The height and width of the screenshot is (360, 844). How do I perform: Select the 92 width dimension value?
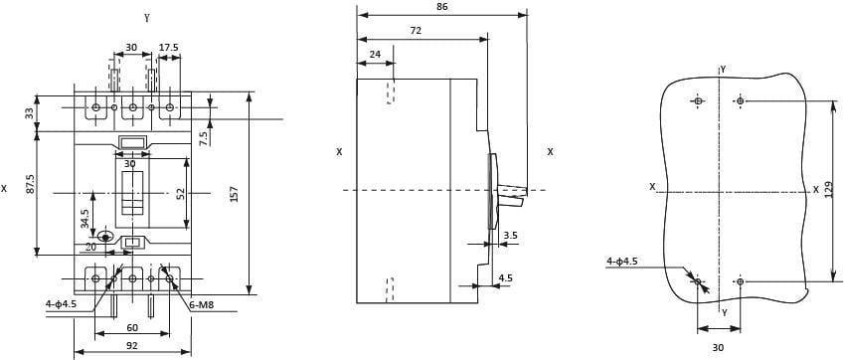[132, 346]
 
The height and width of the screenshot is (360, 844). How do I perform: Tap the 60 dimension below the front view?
[132, 327]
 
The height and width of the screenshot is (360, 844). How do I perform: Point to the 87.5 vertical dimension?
[31, 184]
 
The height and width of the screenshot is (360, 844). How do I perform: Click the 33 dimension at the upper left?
[30, 113]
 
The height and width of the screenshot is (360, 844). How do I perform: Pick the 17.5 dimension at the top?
[168, 48]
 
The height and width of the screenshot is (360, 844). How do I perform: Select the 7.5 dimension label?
[204, 138]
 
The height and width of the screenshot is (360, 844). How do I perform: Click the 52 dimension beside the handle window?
[181, 194]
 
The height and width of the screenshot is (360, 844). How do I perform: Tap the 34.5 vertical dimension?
[85, 219]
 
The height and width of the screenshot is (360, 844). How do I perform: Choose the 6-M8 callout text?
[202, 305]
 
